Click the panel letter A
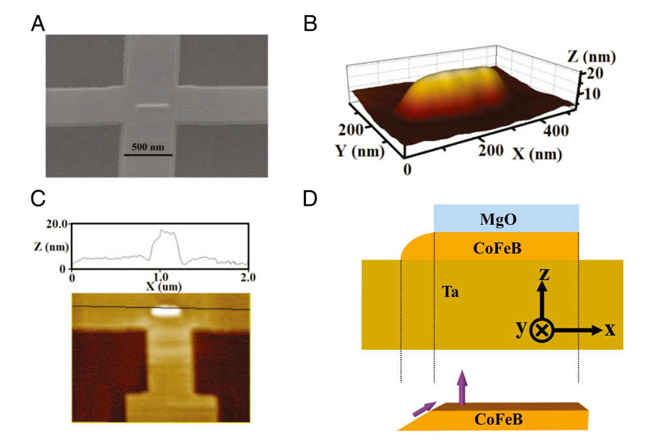pyautogui.click(x=38, y=23)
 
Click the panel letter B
pyautogui.click(x=310, y=23)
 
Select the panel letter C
pyautogui.click(x=38, y=199)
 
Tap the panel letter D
pyautogui.click(x=310, y=199)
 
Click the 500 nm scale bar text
pyautogui.click(x=148, y=147)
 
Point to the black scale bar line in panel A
pyautogui.click(x=148, y=155)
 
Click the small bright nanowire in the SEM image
pyautogui.click(x=152, y=106)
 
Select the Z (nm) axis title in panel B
pyautogui.click(x=592, y=57)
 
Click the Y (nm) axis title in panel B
pyautogui.click(x=359, y=151)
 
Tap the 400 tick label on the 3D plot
pyautogui.click(x=556, y=131)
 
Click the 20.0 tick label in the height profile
pyautogui.click(x=56, y=224)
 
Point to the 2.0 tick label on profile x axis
pyautogui.click(x=247, y=277)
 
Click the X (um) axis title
pyautogui.click(x=163, y=286)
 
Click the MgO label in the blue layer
pyautogui.click(x=498, y=219)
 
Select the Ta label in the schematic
pyautogui.click(x=450, y=292)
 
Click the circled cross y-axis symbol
pyautogui.click(x=542, y=330)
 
